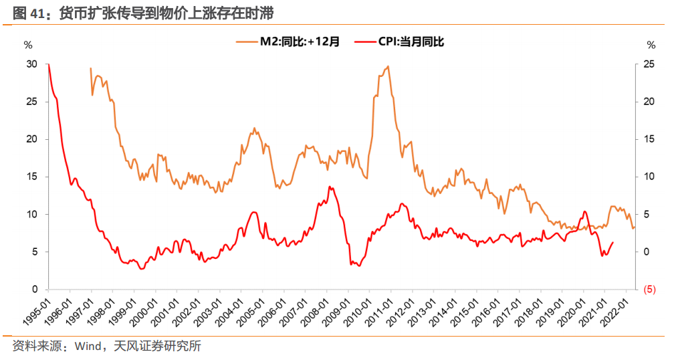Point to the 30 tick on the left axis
[x=31, y=64]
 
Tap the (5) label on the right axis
[x=649, y=290]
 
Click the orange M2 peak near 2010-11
[x=388, y=66]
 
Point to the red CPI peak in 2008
[x=330, y=187]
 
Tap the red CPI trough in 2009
[x=359, y=266]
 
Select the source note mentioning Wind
[x=106, y=346]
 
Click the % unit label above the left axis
[x=27, y=45]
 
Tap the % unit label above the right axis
[x=651, y=45]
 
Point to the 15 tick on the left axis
[x=31, y=177]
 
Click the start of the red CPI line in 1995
[x=49, y=65]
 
